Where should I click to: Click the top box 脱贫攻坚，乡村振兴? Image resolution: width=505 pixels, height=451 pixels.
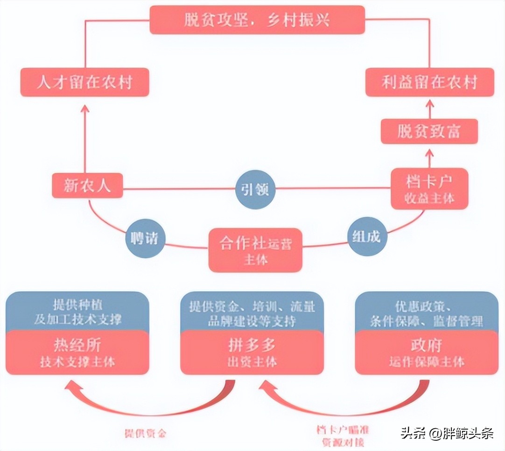coord(257,20)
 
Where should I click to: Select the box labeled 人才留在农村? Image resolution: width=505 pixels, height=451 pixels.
coord(84,82)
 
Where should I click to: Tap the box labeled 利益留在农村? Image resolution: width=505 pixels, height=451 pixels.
coord(429,82)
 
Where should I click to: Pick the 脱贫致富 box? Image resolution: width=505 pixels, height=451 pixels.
coord(429,131)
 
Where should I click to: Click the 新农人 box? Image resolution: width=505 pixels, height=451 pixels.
coord(87,185)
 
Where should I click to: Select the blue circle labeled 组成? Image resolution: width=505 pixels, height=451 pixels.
coord(365,236)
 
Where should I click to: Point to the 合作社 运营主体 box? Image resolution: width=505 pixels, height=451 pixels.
coord(255,250)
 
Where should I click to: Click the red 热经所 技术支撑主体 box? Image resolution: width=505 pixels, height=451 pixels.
coord(77,352)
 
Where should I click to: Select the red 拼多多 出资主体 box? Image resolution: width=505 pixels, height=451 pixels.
coord(252,352)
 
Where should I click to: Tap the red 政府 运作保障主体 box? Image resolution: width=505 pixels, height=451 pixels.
coord(427,352)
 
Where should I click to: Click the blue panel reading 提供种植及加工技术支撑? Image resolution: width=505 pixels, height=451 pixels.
coord(77,311)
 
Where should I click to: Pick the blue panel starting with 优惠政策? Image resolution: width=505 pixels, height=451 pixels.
coord(427,311)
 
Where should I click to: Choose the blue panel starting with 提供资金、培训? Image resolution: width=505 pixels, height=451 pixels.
coord(252,311)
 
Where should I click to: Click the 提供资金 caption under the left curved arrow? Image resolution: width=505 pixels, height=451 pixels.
coord(145,433)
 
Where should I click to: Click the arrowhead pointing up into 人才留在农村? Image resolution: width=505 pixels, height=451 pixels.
coord(84,109)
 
